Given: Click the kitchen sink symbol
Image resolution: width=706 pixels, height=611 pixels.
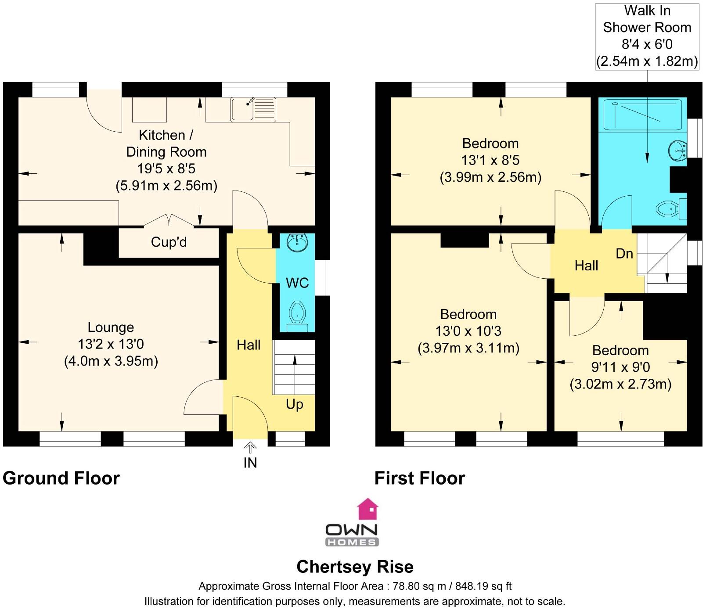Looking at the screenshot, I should click(253, 109).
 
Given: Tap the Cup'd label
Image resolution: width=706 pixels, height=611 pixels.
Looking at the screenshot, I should click(169, 242).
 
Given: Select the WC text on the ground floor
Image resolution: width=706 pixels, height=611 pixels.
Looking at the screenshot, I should click(297, 283).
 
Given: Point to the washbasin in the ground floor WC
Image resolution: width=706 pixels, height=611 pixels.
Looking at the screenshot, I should click(297, 242).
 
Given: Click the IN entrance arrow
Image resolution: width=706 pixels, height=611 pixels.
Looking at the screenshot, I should click(250, 448).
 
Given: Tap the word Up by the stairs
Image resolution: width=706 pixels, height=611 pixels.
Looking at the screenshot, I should click(294, 404).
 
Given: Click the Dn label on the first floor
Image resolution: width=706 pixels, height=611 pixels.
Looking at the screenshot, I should click(624, 254).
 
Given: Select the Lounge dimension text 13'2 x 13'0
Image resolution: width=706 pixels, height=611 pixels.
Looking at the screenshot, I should click(111, 344).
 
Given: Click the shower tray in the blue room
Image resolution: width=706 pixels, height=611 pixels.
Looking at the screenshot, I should click(641, 114).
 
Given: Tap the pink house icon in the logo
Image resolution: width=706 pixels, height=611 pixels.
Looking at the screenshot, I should click(368, 509).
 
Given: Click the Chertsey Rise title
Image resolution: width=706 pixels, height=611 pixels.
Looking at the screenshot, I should click(355, 567).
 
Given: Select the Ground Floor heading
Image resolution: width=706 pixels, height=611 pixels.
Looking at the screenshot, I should click(61, 478).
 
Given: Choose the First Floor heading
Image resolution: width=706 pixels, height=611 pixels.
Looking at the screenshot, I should click(419, 478).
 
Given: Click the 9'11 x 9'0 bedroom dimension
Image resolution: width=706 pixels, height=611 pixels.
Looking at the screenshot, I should click(620, 367).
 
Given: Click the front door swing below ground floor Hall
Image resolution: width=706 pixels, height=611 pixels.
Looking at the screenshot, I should click(249, 417).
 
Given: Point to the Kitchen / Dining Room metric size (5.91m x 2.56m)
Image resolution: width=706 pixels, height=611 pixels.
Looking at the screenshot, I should click(166, 186).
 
